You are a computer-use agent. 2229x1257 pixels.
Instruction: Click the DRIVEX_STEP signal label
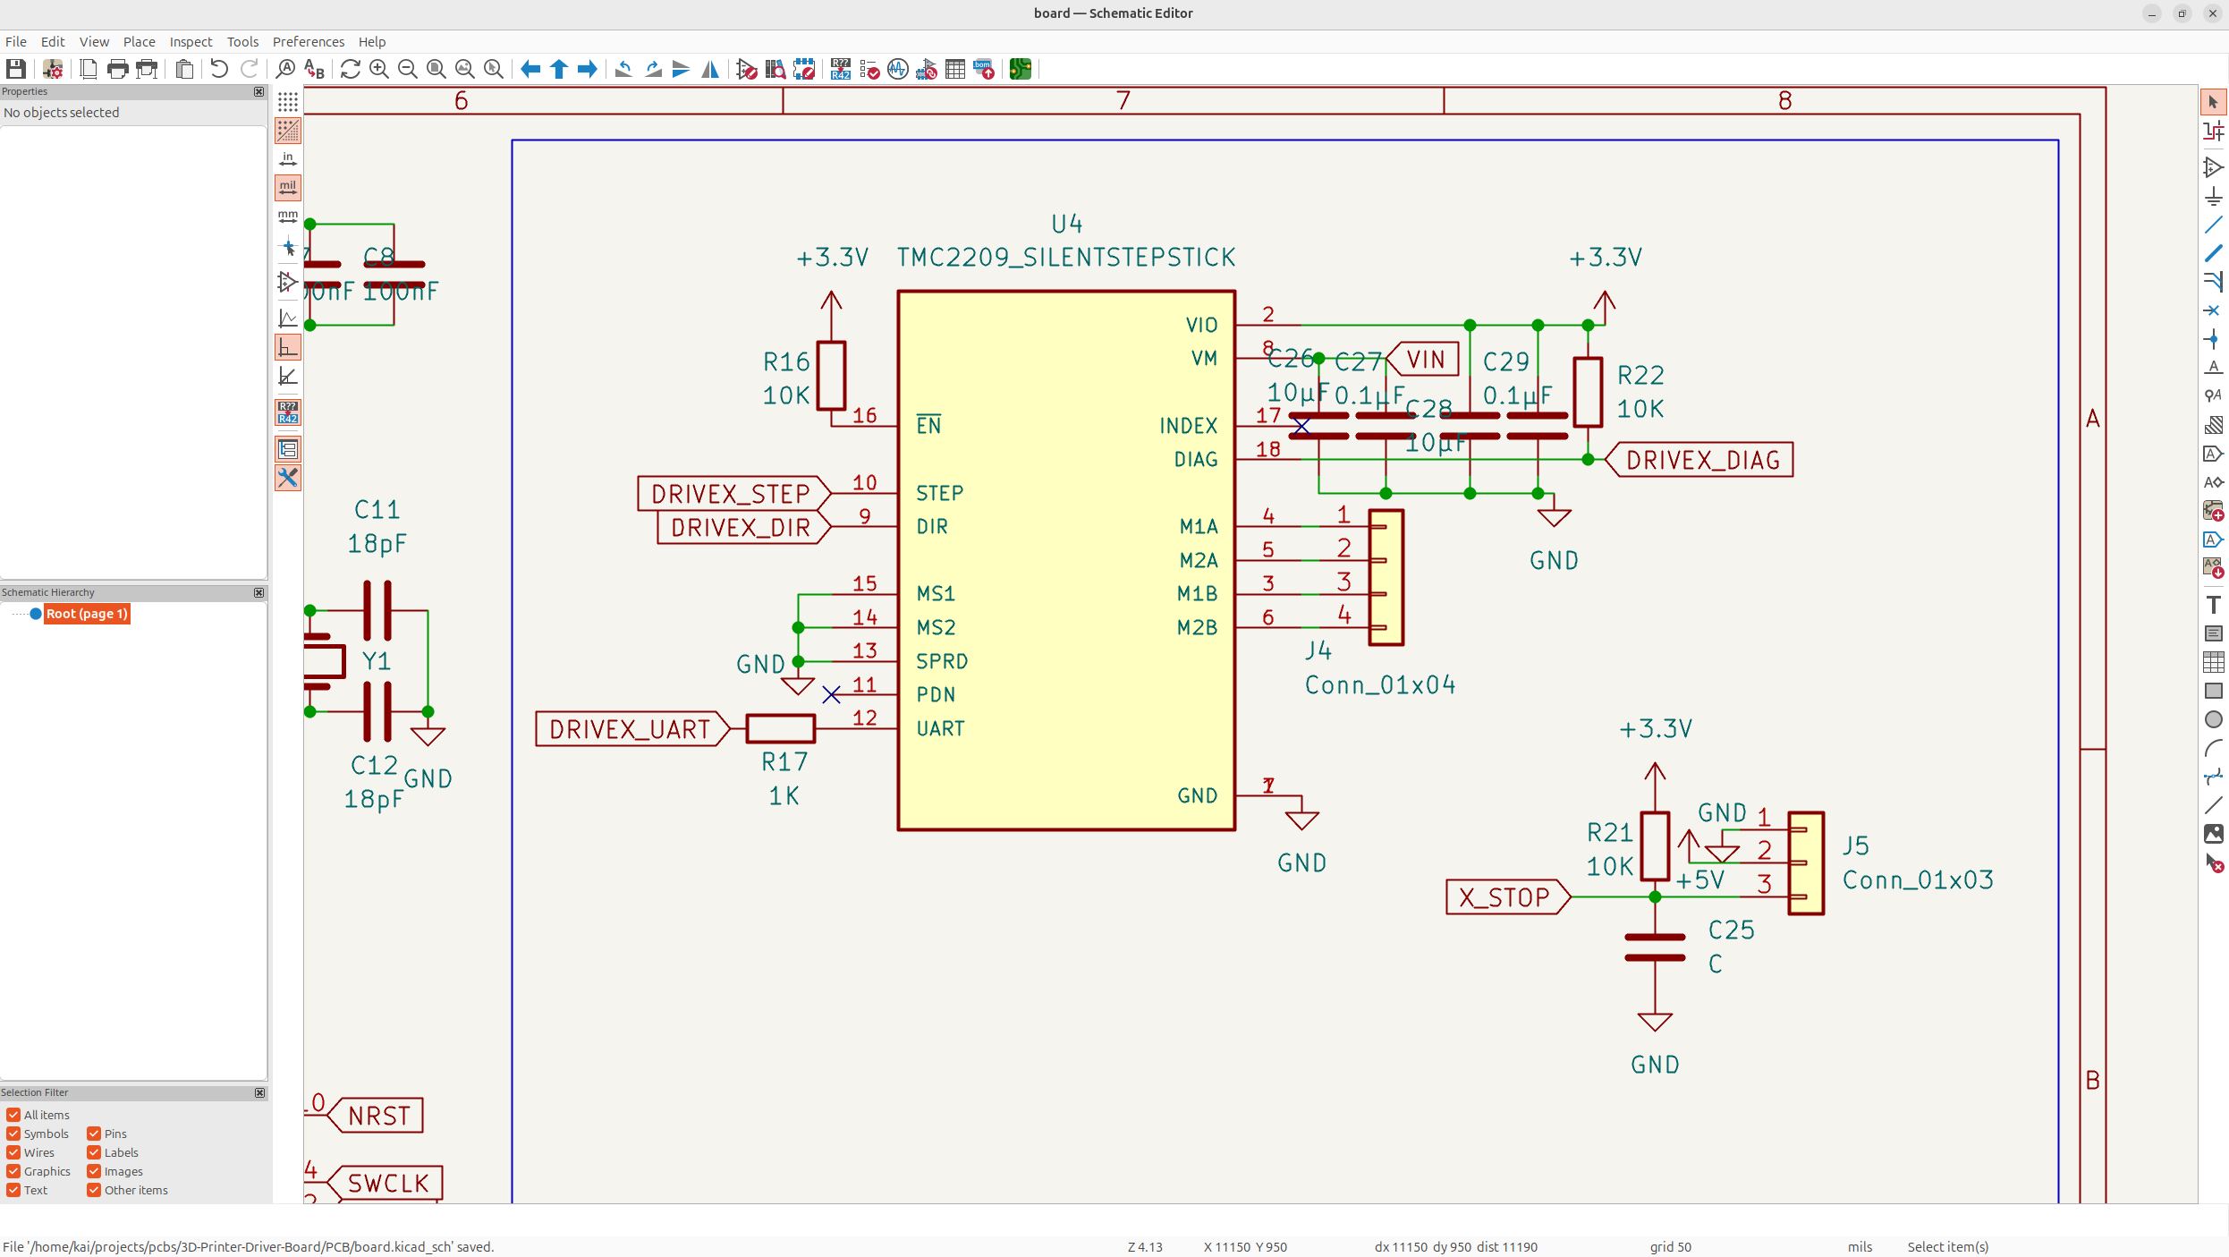[730, 493]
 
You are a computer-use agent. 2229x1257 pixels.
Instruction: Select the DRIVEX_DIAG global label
[1701, 460]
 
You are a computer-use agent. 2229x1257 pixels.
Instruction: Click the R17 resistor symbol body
[780, 728]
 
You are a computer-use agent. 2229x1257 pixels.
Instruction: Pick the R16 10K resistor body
[831, 376]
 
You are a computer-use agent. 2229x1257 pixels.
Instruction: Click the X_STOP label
[1504, 896]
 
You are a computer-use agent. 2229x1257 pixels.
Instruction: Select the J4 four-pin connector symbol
[1386, 577]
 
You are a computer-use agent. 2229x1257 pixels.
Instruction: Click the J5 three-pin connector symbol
[1806, 862]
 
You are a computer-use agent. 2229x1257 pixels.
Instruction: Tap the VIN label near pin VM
[1424, 359]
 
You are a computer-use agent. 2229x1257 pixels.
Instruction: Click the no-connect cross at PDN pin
[831, 695]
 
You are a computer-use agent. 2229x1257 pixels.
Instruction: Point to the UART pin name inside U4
[940, 728]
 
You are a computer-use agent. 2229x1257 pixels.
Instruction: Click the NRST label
[378, 1116]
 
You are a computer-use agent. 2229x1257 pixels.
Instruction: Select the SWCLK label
[387, 1183]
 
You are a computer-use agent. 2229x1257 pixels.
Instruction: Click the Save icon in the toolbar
[15, 69]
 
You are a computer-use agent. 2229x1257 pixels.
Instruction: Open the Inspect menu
[191, 41]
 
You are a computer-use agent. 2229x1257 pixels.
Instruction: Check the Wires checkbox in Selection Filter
[13, 1152]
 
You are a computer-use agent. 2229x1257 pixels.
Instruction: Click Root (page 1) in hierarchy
[87, 613]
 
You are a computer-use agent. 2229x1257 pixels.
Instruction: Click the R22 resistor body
[1588, 392]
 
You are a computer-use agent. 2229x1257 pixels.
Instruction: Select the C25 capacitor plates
[1655, 947]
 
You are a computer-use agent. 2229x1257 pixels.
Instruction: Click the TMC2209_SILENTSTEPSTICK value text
[1065, 258]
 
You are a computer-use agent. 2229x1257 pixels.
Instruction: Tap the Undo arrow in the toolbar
[218, 69]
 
